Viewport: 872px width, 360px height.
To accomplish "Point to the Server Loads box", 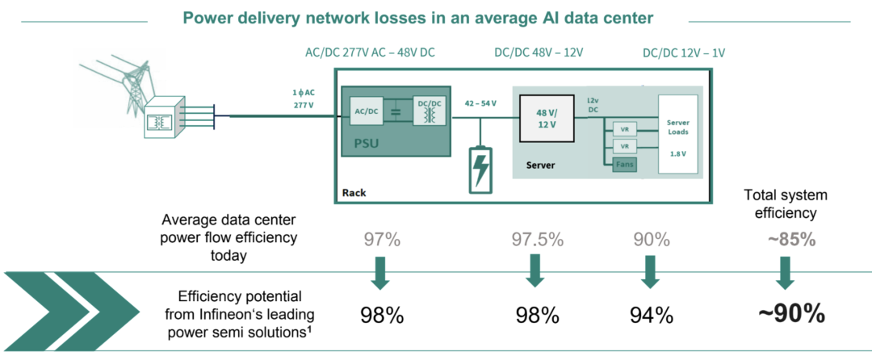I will [x=677, y=134].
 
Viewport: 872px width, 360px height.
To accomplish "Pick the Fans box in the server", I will [x=624, y=164].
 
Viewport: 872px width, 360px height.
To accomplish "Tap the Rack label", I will [x=354, y=192].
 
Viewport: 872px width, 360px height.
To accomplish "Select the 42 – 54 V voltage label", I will [x=482, y=103].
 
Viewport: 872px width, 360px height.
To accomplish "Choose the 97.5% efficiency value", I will [x=535, y=240].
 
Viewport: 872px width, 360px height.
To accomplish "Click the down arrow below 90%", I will [x=651, y=272].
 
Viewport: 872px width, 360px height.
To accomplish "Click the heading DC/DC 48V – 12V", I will [x=539, y=52].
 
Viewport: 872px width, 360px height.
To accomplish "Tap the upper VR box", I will [x=623, y=129].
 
